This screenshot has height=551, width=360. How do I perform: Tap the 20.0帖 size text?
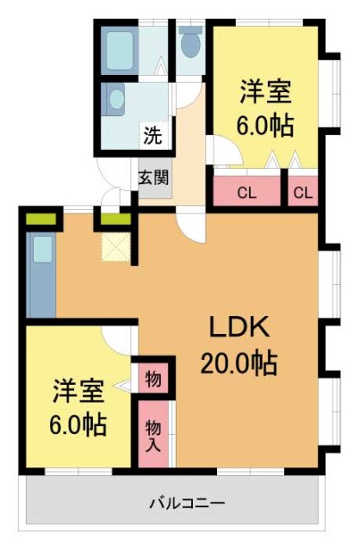[x=239, y=364]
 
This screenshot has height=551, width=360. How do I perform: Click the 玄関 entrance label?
[x=154, y=179]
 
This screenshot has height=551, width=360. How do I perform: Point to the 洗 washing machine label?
[x=152, y=135]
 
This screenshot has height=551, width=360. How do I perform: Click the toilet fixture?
[x=190, y=40]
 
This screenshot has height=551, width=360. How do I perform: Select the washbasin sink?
[x=117, y=100]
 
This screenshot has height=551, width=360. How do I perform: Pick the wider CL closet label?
[x=246, y=191]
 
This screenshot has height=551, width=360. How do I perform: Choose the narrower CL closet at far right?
[x=301, y=191]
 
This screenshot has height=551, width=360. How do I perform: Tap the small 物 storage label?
[x=152, y=379]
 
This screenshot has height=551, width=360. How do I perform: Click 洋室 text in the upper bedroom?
[x=265, y=91]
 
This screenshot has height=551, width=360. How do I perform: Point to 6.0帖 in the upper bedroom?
[x=265, y=126]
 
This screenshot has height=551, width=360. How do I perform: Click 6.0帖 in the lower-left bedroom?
[x=78, y=425]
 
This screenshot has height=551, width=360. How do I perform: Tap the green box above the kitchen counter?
[x=40, y=219]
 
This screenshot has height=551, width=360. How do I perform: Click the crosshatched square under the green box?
[x=114, y=247]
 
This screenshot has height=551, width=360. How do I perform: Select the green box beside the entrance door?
[x=115, y=219]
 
